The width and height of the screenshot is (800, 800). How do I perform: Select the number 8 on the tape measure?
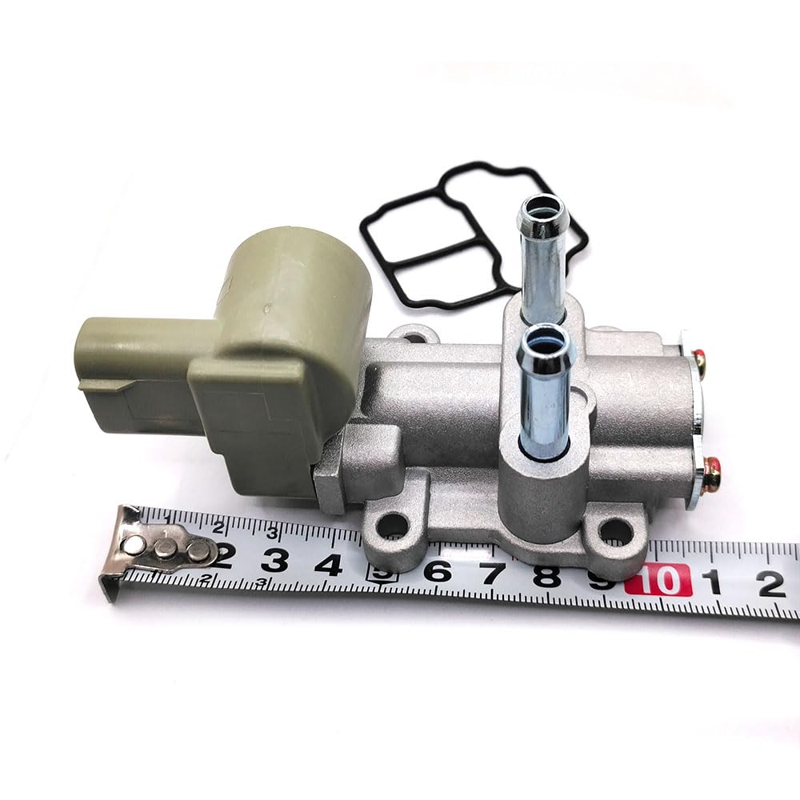coord(547,575)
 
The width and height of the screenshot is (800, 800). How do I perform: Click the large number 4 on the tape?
coord(328,565)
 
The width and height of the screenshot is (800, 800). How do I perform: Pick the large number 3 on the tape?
coord(274,562)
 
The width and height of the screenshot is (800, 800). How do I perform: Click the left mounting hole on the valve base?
coord(391,525)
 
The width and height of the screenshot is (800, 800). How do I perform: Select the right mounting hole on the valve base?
coord(614,530)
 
